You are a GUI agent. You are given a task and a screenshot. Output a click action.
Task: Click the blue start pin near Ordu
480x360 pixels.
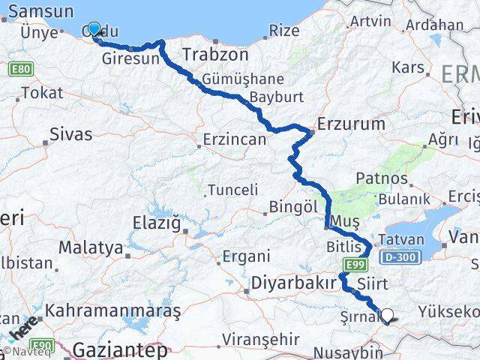click(94, 29)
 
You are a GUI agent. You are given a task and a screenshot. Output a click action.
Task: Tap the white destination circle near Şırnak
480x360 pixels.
click(388, 316)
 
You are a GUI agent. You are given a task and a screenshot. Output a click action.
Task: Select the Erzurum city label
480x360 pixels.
click(351, 124)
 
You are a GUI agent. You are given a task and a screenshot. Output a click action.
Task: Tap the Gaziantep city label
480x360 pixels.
click(120, 349)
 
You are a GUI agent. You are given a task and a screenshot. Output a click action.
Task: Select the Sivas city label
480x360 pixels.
click(70, 135)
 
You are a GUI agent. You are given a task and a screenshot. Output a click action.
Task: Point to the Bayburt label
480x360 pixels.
click(276, 97)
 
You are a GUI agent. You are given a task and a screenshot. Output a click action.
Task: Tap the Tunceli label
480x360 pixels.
click(232, 190)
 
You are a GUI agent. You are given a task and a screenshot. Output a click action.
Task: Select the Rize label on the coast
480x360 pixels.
click(283, 31)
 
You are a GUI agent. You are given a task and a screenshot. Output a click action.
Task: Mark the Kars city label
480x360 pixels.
click(408, 67)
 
